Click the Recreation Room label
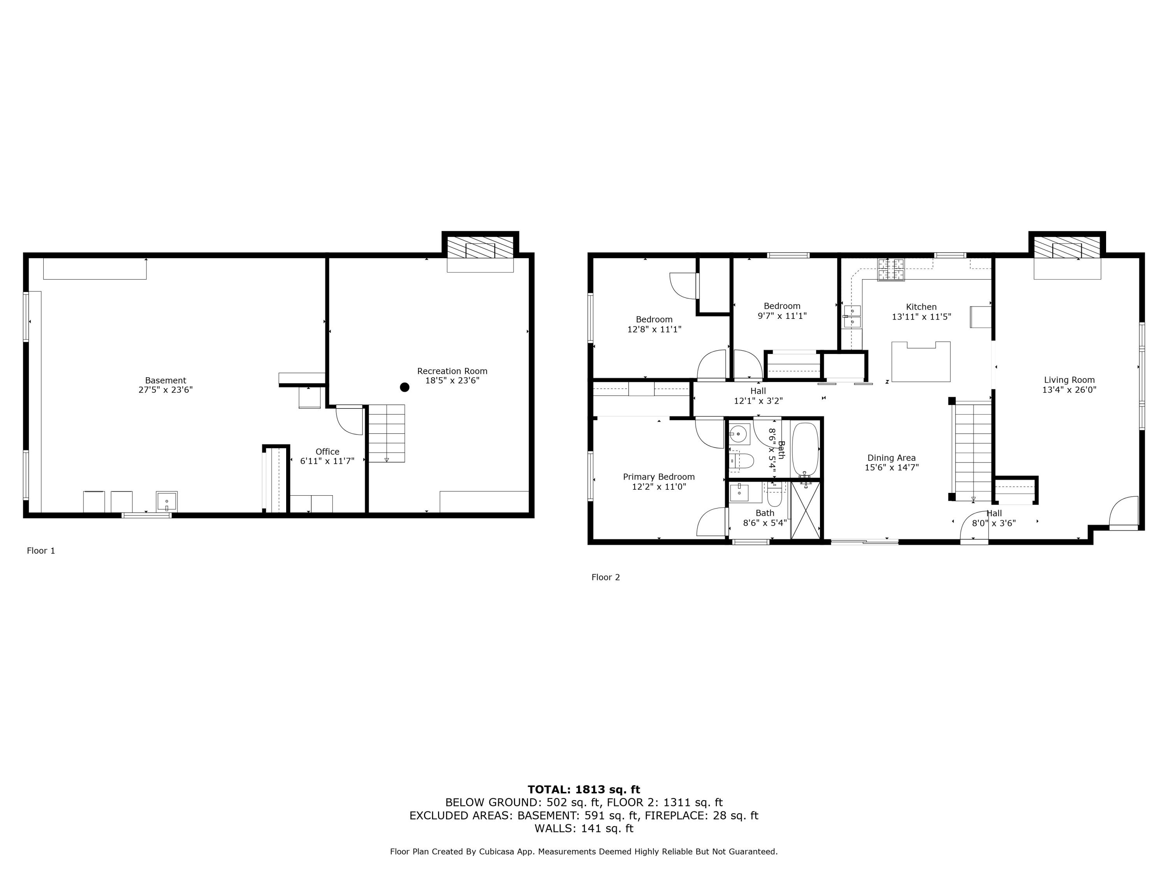(x=452, y=371)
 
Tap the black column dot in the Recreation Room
(x=405, y=387)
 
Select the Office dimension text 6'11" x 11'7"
(x=327, y=461)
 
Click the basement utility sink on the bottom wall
(x=166, y=501)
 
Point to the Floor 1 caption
(x=40, y=551)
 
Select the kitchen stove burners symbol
(x=890, y=270)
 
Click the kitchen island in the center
(x=920, y=362)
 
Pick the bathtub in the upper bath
(x=805, y=450)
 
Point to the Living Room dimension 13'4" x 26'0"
(x=1069, y=390)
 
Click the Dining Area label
(x=891, y=458)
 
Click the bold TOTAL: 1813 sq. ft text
(x=584, y=790)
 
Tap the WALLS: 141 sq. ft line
(x=584, y=829)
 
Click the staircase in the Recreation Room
(x=387, y=433)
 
